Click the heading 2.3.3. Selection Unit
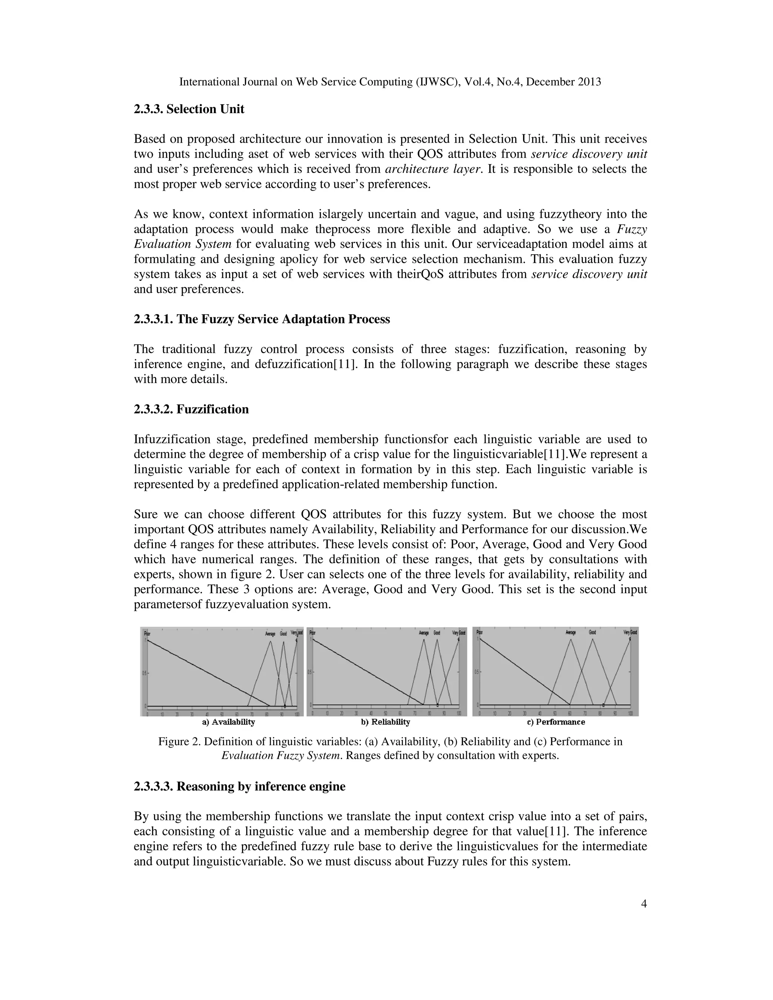(189, 109)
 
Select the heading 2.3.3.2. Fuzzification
(191, 409)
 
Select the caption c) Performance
(556, 722)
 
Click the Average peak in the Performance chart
(571, 640)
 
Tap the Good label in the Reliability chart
(437, 633)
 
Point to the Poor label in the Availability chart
(147, 634)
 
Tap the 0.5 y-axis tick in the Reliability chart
(310, 672)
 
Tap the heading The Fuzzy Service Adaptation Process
(283, 319)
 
